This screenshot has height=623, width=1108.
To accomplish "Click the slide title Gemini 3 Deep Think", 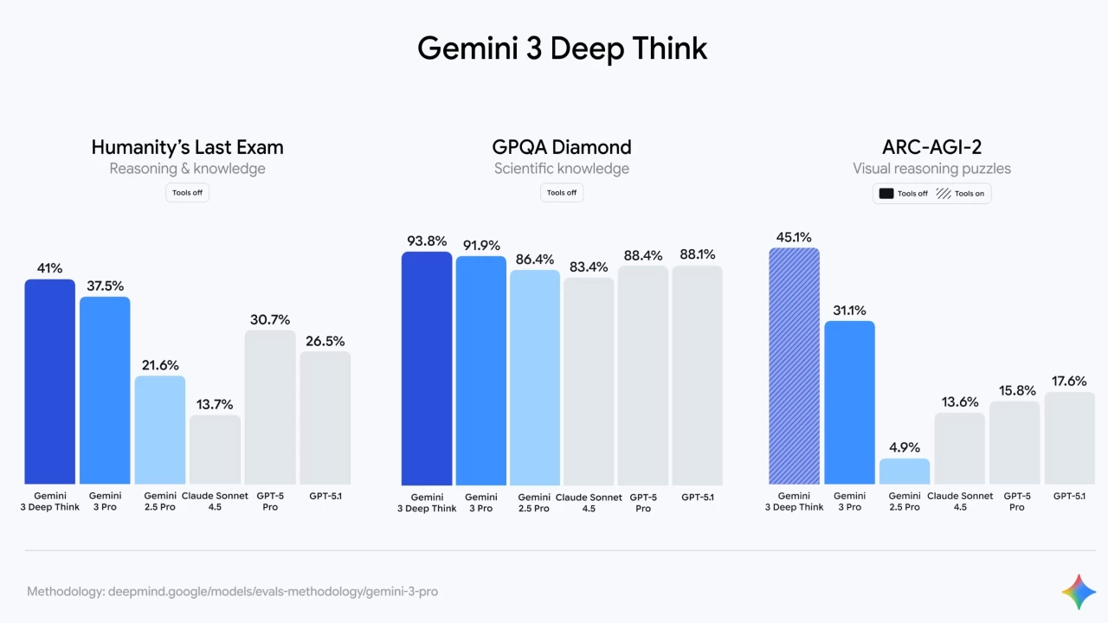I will click(562, 48).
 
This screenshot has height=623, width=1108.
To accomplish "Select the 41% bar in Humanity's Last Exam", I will click(49, 381).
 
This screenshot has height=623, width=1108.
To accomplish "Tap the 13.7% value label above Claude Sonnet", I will click(215, 404).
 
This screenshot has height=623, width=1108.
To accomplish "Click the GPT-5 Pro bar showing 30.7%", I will click(270, 407).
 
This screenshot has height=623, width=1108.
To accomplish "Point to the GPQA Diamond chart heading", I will click(562, 147).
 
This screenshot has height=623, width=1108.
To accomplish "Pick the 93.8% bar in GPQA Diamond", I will click(427, 368).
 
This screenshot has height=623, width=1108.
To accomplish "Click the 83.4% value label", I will click(589, 267).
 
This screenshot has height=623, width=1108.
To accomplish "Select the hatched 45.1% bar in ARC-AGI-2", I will click(794, 365).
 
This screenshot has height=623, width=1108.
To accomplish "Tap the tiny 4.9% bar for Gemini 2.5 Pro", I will click(905, 472).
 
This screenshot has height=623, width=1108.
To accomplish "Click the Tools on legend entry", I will click(962, 194).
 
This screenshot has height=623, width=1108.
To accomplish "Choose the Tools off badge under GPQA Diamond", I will click(562, 193).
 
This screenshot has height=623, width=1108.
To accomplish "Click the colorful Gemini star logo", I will click(1079, 591).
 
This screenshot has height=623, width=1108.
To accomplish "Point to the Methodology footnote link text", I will click(232, 592).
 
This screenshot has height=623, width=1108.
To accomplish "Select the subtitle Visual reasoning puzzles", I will click(931, 169).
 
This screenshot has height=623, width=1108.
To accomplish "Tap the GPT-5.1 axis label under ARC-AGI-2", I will click(1070, 497).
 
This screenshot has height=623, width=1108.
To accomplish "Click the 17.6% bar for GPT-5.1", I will click(1070, 438).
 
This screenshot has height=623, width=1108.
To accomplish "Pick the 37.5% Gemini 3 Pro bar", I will click(105, 389).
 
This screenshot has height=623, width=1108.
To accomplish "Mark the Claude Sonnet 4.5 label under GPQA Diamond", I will click(589, 503).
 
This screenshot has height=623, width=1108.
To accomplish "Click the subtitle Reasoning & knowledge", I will click(187, 169).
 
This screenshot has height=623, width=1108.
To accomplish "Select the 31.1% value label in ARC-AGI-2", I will click(849, 311).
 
